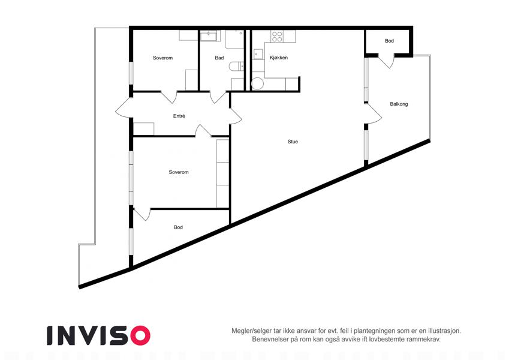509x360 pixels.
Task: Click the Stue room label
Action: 293,142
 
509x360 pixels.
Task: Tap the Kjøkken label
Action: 279,58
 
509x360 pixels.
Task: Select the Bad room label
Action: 219,58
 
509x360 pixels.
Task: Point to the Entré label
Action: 179,116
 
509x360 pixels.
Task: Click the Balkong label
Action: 399,104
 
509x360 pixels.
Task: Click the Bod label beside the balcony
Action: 389,41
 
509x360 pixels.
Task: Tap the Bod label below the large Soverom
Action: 178,227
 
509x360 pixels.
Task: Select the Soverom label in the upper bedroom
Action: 162,58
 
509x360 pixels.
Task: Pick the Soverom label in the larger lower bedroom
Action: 179,172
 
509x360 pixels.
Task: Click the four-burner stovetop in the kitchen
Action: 277,37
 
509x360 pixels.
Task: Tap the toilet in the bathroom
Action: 236,66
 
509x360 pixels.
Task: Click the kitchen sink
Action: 258,54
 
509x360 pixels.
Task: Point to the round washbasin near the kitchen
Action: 258,83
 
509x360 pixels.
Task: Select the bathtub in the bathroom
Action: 210,36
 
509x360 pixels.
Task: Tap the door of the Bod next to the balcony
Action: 386,61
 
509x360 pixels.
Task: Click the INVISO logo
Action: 99,335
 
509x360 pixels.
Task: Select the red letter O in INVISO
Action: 140,335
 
